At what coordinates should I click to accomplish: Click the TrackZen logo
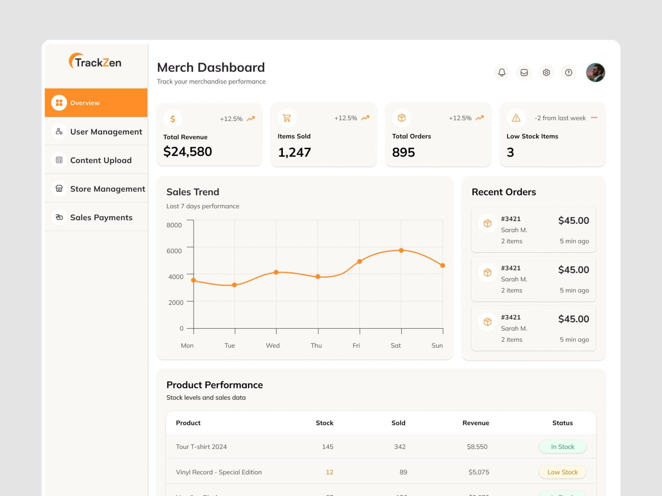coord(95,62)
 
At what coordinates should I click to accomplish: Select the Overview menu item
coord(85,103)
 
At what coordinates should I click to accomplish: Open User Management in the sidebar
coord(106,132)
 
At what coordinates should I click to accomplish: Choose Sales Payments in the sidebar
coord(101,217)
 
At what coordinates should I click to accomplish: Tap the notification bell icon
coord(502,73)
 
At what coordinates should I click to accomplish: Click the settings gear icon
coord(547,73)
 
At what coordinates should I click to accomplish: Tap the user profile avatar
coord(595,73)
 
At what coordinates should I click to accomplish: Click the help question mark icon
coord(569,73)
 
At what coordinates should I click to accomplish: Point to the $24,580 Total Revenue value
coord(187,152)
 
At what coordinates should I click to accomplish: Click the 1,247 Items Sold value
coord(294,153)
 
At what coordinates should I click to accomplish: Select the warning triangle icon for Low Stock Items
coord(516,118)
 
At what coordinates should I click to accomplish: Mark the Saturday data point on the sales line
coord(401,250)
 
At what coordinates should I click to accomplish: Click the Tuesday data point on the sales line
coord(235,285)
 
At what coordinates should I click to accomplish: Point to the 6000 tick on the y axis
coord(174,251)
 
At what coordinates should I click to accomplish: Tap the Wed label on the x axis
coord(273,346)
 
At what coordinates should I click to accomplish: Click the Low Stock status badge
coord(562,472)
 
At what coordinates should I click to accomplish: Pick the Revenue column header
coord(476,423)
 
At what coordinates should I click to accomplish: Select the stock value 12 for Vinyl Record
coord(329,472)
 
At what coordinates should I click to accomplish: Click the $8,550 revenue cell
coord(477,447)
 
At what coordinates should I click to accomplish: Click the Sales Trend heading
coord(193,192)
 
